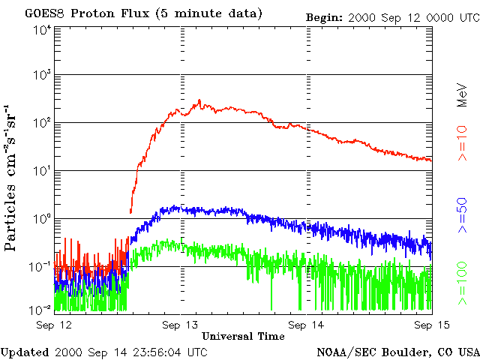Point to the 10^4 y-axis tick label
coord(42,30)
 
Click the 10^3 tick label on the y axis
coord(42,75)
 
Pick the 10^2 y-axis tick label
coord(42,122)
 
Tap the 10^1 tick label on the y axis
coord(42,170)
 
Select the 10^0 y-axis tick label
coord(42,218)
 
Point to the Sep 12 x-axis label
coord(54,324)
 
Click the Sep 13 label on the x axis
coord(181,324)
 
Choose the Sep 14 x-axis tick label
coord(307,324)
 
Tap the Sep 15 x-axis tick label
coord(431,324)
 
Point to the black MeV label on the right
coord(463,95)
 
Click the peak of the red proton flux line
coord(199,100)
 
